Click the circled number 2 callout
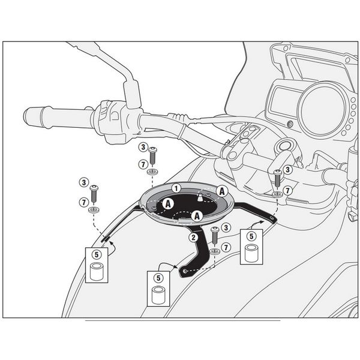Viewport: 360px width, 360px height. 193,237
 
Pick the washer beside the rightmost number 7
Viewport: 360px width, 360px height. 275,193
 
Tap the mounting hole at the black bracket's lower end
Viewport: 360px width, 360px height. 184,271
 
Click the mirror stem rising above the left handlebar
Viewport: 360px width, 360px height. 129,90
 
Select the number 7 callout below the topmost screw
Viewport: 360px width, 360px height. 142,164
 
